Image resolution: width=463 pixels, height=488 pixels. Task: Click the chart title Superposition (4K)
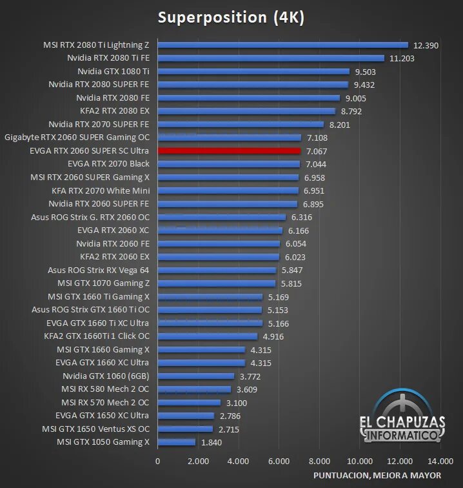coord(231,17)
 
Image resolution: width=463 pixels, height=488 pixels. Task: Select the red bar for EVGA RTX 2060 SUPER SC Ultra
coord(229,150)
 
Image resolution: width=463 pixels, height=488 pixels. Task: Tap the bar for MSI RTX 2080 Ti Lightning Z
coord(282,45)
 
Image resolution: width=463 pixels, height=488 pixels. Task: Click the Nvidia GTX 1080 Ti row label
coord(113,71)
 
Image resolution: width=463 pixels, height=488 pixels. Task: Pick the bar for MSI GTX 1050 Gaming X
coord(176,442)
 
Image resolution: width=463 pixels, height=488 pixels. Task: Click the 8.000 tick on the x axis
coord(319,461)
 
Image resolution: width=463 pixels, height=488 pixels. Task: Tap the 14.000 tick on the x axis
coord(440,461)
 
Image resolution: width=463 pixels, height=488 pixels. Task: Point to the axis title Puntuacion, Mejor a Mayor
coord(377,475)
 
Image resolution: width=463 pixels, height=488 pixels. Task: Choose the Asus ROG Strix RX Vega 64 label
coord(99,270)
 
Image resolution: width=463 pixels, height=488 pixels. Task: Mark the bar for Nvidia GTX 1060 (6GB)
coord(195,376)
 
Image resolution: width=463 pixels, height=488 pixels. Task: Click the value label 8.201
coord(342,124)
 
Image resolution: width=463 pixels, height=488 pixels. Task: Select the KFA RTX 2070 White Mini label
coord(101,190)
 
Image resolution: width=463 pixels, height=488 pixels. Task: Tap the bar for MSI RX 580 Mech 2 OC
coord(194,389)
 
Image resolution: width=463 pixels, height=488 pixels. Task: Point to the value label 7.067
coord(318,150)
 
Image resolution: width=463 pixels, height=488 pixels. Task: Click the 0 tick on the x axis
coord(158,461)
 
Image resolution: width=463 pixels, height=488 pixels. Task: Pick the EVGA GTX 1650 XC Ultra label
coord(103,416)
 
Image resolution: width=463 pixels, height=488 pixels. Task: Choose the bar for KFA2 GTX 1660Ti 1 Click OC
coord(207,336)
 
